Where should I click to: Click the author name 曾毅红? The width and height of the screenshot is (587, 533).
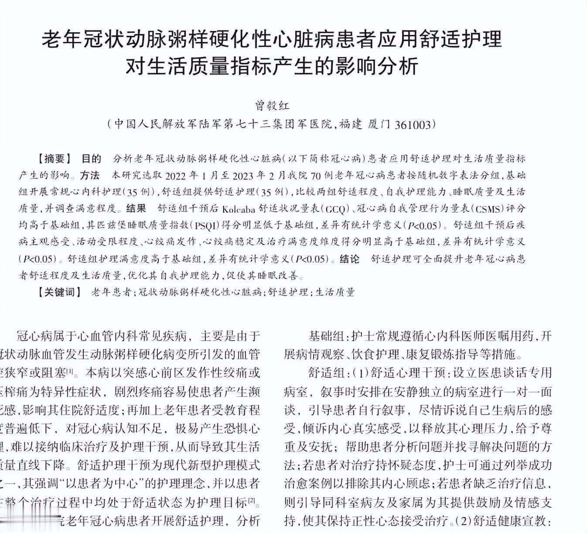click(x=272, y=106)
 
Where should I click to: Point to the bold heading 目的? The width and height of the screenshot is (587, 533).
click(x=92, y=158)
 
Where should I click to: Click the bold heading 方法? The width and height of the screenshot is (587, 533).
click(x=90, y=175)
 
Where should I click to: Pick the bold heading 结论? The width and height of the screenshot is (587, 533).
click(x=350, y=259)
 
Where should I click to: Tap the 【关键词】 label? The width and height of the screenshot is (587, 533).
click(x=60, y=292)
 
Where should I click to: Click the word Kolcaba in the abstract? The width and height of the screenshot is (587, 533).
click(x=238, y=208)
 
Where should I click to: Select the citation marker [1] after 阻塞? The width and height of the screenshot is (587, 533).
click(x=74, y=372)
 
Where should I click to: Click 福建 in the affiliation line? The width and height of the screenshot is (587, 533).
click(x=351, y=125)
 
